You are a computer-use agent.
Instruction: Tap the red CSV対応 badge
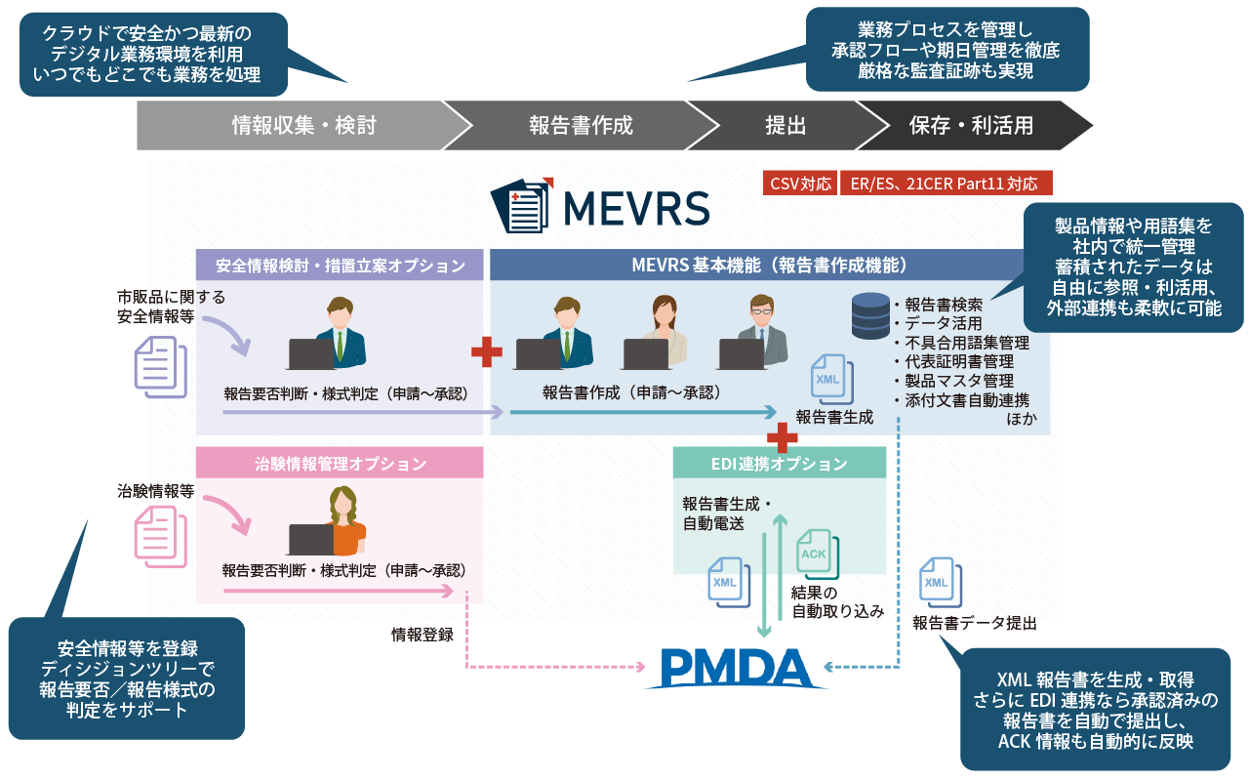(x=800, y=183)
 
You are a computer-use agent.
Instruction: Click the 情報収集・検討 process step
(x=302, y=125)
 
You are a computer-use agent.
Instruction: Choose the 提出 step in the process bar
(x=786, y=125)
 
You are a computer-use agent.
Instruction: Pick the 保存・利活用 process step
(x=971, y=125)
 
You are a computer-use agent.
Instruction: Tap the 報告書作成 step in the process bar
(x=581, y=125)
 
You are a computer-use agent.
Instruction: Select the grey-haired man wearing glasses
(x=761, y=327)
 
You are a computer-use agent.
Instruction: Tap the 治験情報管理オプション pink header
(x=340, y=463)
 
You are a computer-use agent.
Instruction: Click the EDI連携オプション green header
(x=779, y=464)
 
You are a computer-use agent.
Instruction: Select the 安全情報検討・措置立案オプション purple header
(x=340, y=265)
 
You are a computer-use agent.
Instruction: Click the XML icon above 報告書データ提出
(x=936, y=583)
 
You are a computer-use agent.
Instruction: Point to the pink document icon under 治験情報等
(x=158, y=540)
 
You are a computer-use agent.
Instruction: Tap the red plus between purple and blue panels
(x=486, y=352)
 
